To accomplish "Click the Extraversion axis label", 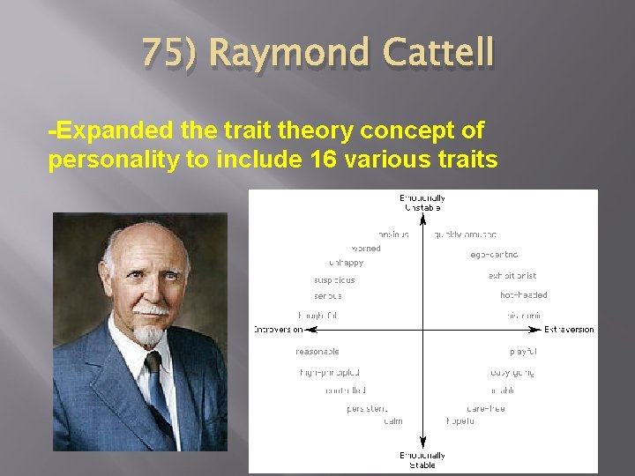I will pos(569,330).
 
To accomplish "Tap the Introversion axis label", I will pos(278,330).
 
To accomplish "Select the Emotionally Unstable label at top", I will pos(422,203).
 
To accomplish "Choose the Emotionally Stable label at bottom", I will pos(422,460).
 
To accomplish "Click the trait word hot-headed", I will pos(523,295).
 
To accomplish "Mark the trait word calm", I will pos(393,421).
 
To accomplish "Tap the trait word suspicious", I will pos(334,280).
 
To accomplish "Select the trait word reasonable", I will pos(317,352).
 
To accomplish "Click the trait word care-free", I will pos(486,408).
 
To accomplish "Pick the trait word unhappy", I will pos(347,263).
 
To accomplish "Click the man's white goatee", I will pos(151,335).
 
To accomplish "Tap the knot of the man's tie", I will pos(153,362).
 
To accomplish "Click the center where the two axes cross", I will pos(422,330).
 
